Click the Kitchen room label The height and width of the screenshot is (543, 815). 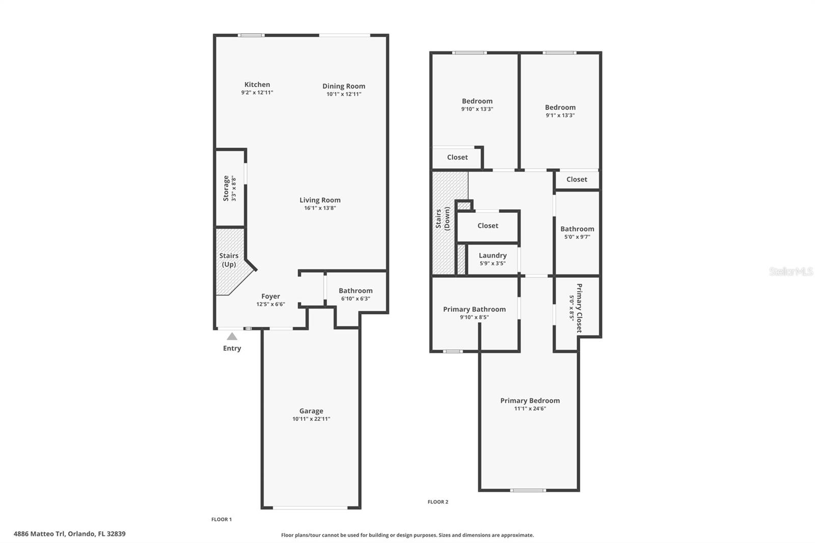tap(257, 85)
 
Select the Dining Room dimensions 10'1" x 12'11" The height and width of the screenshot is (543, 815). tap(344, 94)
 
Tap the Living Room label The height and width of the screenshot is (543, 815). tap(320, 200)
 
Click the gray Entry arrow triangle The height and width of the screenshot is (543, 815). tap(232, 336)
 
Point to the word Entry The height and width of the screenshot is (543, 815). tap(232, 348)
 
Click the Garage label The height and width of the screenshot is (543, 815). tap(311, 411)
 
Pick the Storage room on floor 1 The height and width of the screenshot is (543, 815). tap(229, 188)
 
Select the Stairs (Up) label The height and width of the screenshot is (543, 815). tap(229, 260)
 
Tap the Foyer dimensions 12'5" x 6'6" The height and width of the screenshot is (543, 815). tap(270, 305)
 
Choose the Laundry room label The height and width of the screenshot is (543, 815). tap(493, 256)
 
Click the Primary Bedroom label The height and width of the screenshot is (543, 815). tap(530, 401)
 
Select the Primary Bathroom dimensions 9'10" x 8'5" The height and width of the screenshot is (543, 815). tap(474, 317)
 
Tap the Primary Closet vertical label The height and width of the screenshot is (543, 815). tap(579, 308)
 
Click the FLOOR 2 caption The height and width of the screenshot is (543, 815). tap(438, 502)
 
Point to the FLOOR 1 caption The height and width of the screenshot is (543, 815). tap(222, 520)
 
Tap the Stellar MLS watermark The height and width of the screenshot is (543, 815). tap(791, 271)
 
